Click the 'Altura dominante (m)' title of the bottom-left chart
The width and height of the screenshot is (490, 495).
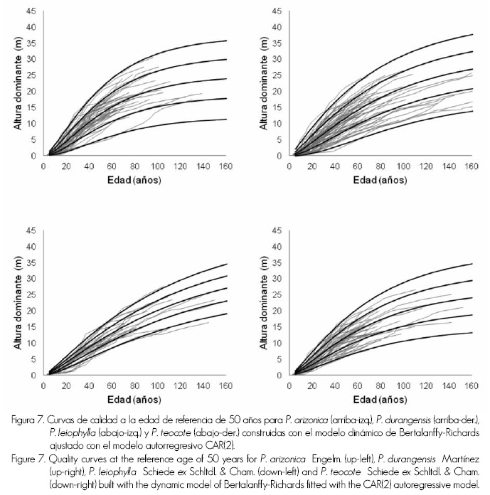pyautogui.click(x=17, y=302)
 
